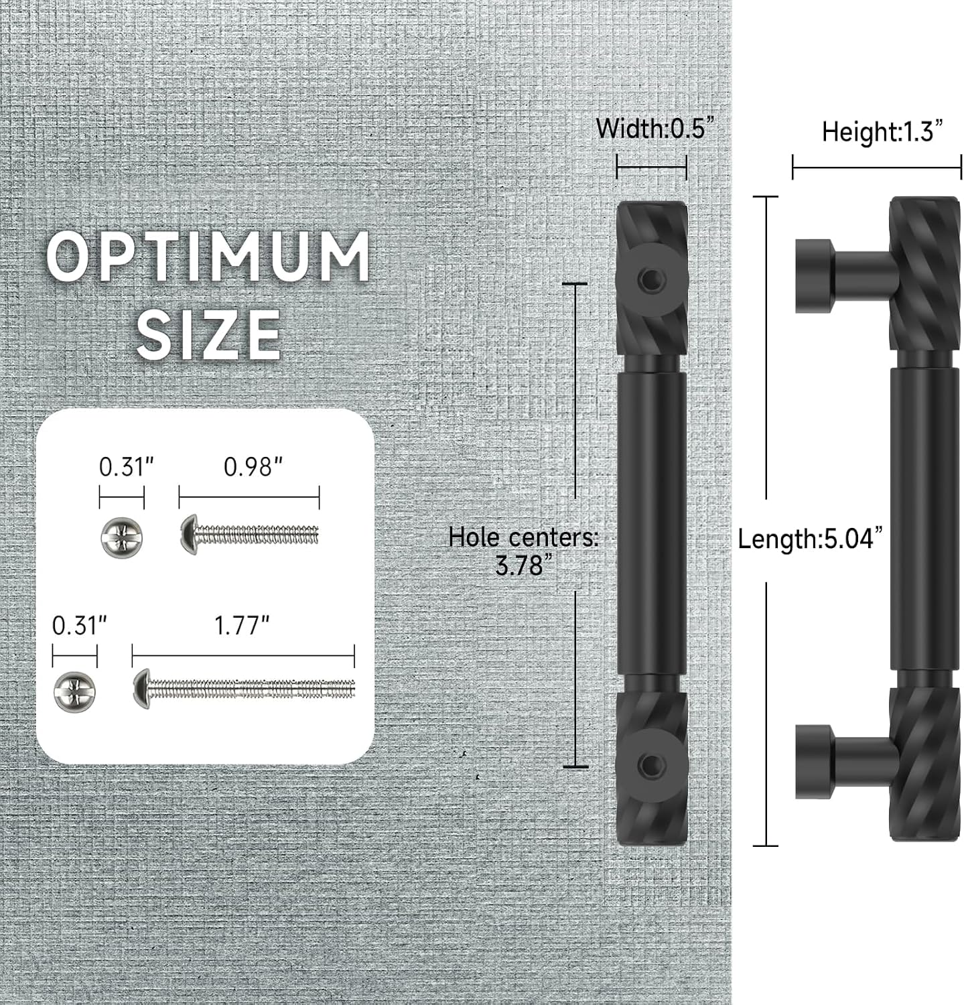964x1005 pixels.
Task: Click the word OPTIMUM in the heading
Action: [208, 256]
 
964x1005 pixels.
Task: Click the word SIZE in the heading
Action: [208, 334]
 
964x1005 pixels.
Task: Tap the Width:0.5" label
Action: [651, 128]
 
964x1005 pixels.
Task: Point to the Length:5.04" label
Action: [810, 538]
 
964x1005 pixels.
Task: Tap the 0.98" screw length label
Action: [253, 467]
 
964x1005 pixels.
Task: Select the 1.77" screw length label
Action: [241, 626]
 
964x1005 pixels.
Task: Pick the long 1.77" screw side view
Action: [244, 688]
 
